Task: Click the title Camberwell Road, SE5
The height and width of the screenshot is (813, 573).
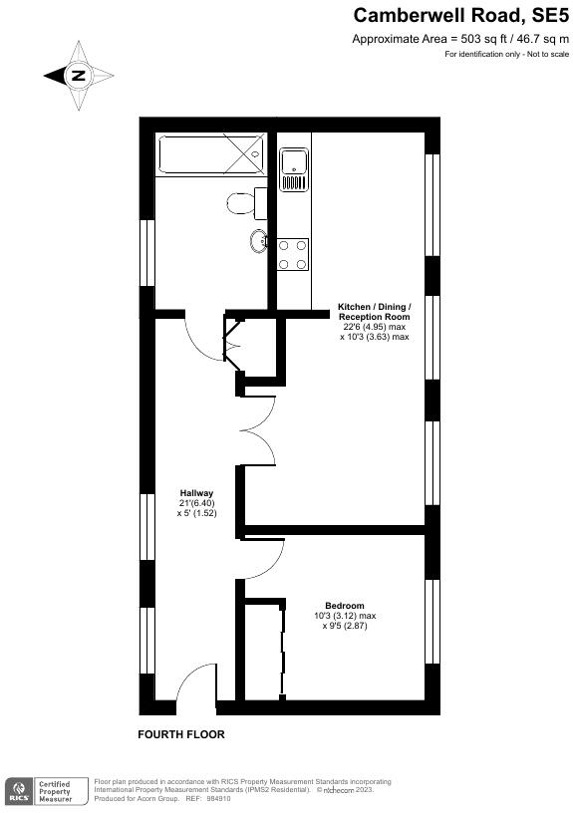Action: click(x=461, y=15)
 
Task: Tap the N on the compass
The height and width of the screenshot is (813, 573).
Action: click(x=78, y=75)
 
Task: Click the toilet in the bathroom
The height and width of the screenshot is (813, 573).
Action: click(x=242, y=202)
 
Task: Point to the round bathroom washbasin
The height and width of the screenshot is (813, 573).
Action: click(x=258, y=239)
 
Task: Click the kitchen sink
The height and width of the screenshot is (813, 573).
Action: click(x=294, y=168)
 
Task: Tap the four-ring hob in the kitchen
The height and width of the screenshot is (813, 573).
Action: click(x=293, y=254)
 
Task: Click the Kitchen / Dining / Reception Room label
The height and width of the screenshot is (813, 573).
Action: click(x=374, y=311)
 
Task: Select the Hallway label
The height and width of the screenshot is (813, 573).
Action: click(x=196, y=493)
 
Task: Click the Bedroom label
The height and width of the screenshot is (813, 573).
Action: click(x=344, y=606)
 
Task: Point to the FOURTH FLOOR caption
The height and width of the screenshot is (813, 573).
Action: click(x=181, y=734)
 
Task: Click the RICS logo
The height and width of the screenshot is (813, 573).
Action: click(x=18, y=792)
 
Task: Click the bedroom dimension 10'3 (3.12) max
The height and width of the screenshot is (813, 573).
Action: click(x=344, y=616)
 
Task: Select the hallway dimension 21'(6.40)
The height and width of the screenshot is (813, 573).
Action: click(x=196, y=503)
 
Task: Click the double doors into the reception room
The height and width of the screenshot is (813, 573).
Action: click(x=257, y=428)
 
